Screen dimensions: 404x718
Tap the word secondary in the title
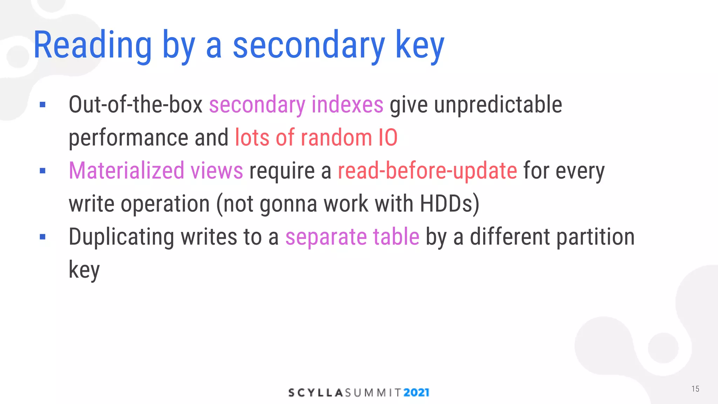(309, 46)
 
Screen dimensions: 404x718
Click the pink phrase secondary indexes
(296, 105)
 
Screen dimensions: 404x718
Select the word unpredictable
(498, 105)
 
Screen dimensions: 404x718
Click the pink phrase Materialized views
(156, 171)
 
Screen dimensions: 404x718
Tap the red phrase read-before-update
(427, 171)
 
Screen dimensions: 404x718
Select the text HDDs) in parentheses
(449, 204)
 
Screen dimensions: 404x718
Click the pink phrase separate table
(352, 237)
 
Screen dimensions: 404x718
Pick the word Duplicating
(121, 237)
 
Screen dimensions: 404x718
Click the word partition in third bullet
(595, 237)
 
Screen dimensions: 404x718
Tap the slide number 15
(695, 389)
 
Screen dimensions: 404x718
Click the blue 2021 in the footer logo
(416, 392)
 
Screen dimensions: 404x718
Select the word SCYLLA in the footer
(315, 392)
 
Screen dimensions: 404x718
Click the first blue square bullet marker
(43, 105)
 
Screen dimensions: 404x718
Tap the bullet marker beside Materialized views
(43, 171)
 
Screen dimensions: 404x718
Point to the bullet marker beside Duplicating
(43, 237)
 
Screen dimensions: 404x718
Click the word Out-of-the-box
(136, 105)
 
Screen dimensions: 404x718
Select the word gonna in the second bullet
(288, 204)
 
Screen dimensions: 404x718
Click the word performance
(128, 137)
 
